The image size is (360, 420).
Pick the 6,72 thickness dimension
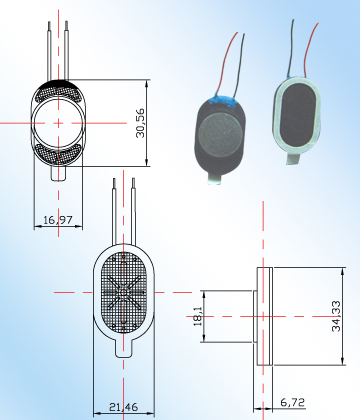(x=293, y=402)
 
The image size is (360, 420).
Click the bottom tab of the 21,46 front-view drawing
(x=126, y=349)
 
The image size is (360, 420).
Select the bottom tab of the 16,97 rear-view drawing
(x=58, y=172)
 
